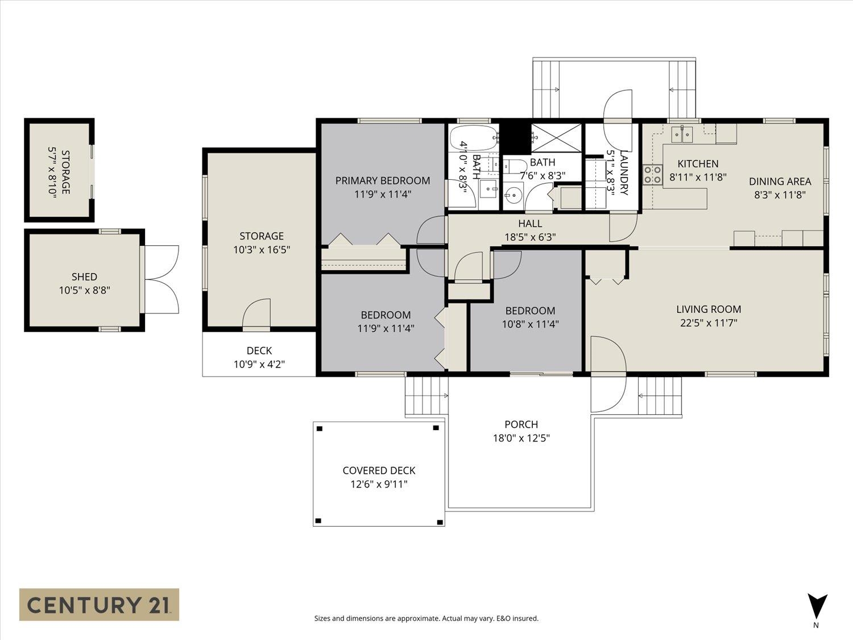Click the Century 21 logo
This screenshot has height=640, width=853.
99,605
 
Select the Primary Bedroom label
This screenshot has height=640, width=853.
383,181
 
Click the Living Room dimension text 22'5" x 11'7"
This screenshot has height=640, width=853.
709,323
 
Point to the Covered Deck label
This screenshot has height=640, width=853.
379,470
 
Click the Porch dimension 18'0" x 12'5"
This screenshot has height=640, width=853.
521,438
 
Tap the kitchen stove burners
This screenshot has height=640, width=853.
652,175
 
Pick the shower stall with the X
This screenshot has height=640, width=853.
556,138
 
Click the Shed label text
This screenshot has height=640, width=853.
84,276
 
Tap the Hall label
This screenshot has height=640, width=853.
530,224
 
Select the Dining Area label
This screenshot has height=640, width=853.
780,181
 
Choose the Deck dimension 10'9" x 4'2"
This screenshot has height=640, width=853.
259,365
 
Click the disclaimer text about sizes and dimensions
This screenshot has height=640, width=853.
426,618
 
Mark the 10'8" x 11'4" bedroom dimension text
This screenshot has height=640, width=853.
531,324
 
